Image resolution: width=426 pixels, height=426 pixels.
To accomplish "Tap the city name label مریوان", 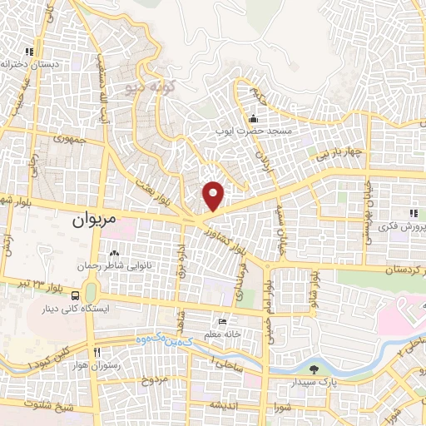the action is point(91,221).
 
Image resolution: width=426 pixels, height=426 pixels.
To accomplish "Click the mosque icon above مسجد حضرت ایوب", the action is point(253,118).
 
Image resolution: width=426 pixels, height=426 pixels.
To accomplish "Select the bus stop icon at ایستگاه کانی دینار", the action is point(77,295).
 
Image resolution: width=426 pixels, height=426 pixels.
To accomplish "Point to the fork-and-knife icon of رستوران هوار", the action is point(97,354).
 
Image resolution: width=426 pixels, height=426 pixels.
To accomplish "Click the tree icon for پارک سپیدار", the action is point(313,369).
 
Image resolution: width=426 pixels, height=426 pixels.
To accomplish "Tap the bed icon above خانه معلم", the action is point(221,322).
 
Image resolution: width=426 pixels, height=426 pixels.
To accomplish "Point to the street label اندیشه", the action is point(225,404).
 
